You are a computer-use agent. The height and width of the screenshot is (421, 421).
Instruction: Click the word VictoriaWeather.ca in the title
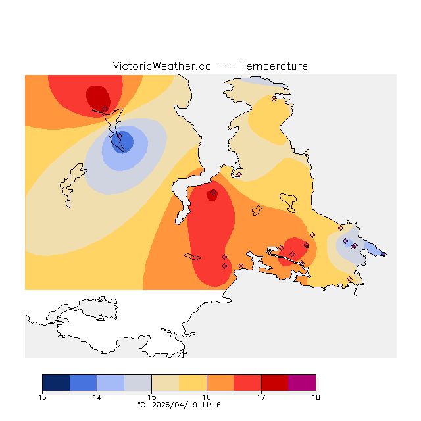[x=161, y=66]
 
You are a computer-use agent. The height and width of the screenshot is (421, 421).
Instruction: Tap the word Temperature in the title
[x=274, y=66]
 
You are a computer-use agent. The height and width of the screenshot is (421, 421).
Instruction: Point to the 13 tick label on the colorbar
[x=42, y=397]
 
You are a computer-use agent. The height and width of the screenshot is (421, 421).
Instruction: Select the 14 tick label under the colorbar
[x=97, y=397]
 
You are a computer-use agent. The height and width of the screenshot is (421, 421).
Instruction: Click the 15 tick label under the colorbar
[x=151, y=397]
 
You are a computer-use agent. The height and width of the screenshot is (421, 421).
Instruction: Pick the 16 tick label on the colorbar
[x=207, y=397]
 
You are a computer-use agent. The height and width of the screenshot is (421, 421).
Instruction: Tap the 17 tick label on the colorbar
[x=261, y=397]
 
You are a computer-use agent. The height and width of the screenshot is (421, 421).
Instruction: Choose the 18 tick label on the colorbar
[x=316, y=397]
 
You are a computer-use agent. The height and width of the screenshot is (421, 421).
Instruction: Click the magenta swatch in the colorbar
[x=302, y=383]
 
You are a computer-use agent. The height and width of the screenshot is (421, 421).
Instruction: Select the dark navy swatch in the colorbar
[x=56, y=383]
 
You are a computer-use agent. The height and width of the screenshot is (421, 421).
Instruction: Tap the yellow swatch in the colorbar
[x=193, y=383]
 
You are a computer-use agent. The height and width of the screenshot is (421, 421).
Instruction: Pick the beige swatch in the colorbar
[x=165, y=383]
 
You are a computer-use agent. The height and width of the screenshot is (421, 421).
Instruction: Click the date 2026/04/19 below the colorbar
[x=176, y=405]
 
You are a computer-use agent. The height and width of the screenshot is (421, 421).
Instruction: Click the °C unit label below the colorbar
[x=141, y=405]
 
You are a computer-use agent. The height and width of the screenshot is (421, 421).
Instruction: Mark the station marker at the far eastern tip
[x=384, y=254]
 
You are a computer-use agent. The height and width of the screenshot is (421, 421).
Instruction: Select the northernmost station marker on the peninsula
[x=274, y=99]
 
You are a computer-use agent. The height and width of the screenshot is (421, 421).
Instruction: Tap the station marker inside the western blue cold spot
[x=120, y=137]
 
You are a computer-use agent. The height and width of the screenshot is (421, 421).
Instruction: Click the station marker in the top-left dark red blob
[x=105, y=109]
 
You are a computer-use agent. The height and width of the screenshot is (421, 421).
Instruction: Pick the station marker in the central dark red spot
[x=213, y=193]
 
